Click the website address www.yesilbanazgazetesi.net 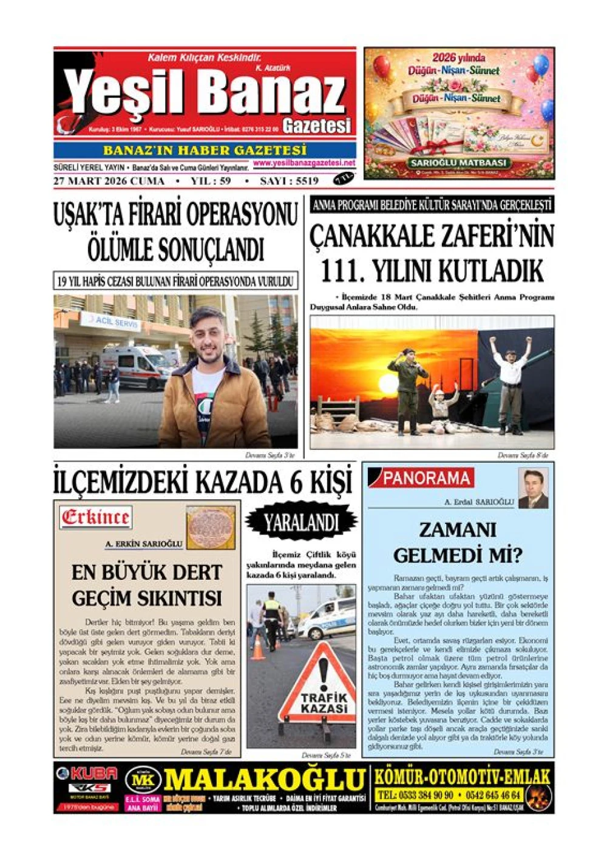coord(304,163)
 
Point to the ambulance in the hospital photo coord(135,366)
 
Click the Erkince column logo coord(95,518)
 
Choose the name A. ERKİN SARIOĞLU coord(144,544)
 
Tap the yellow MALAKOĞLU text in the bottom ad coord(265,779)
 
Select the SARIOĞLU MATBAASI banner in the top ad coord(458,163)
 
